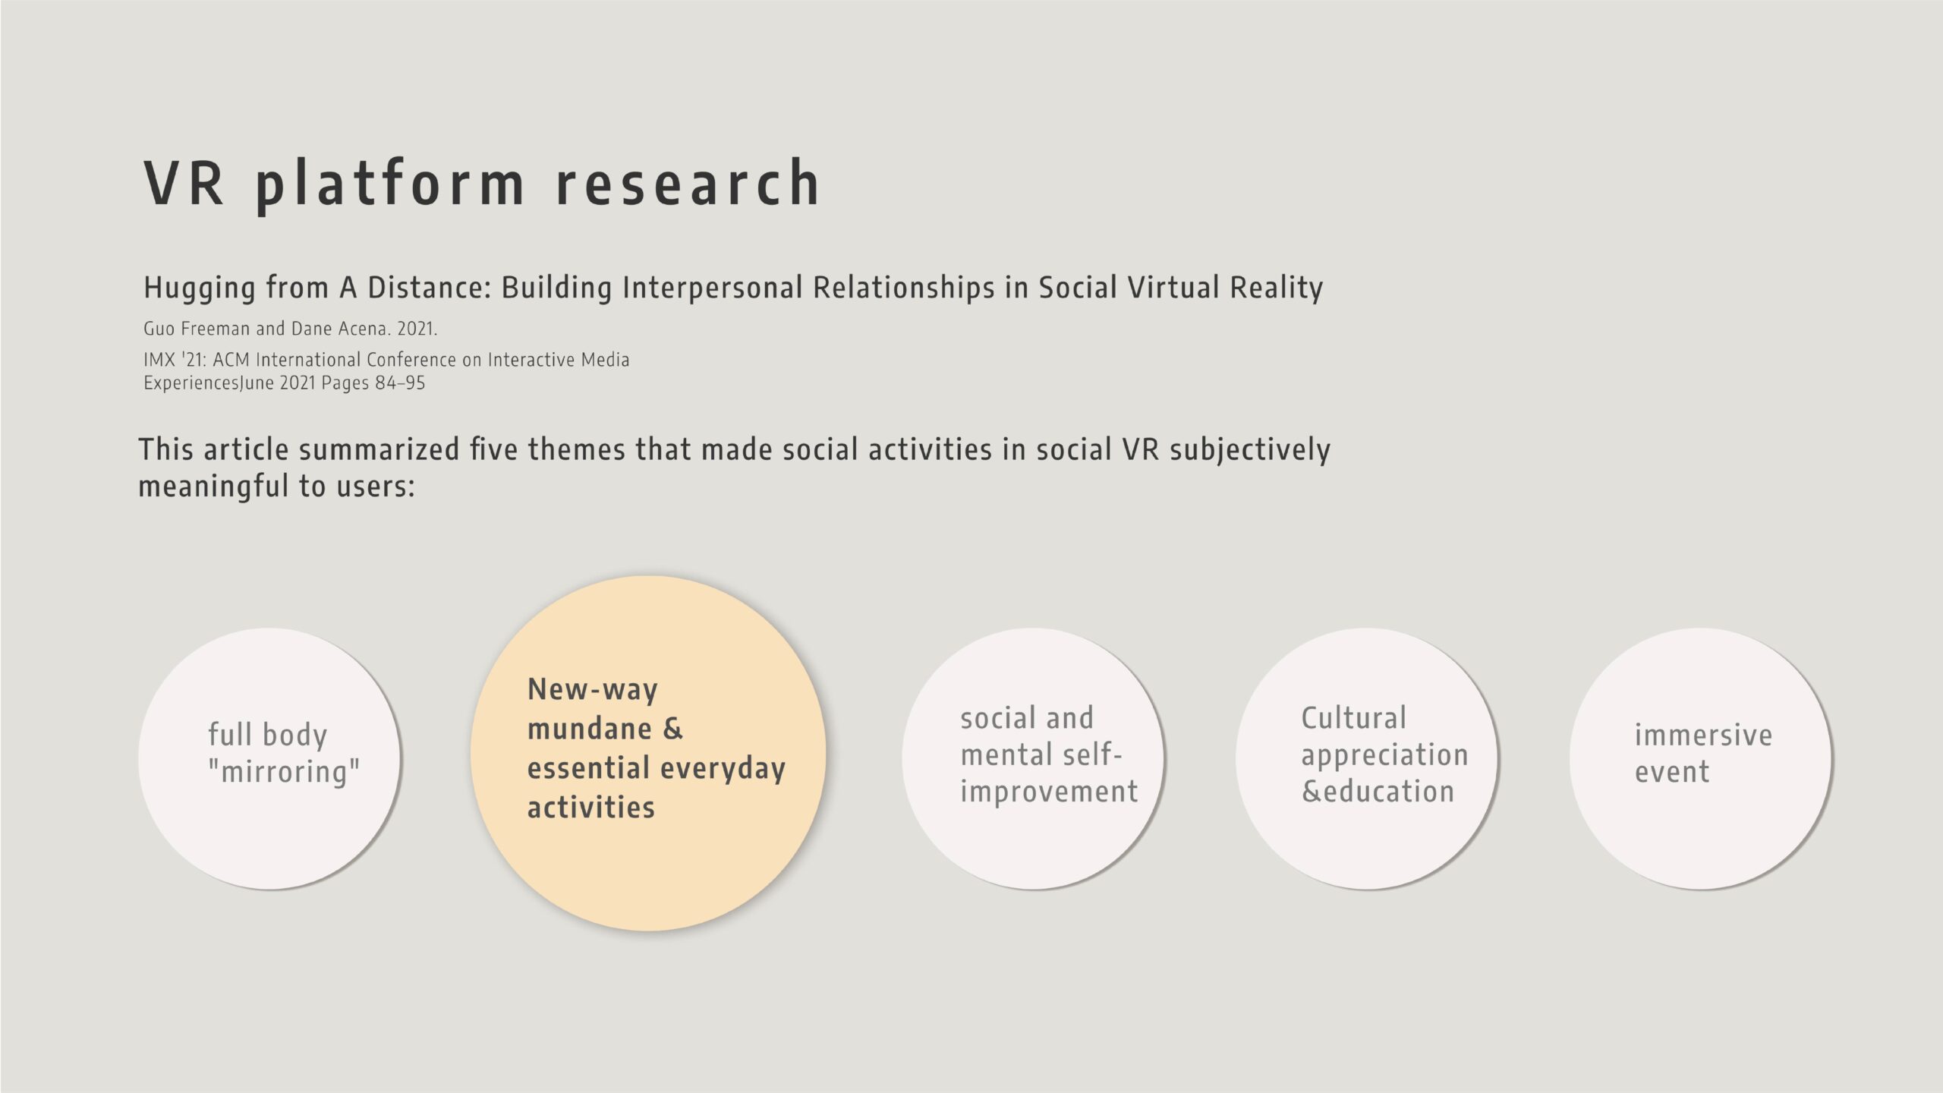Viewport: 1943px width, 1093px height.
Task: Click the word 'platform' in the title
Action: click(x=390, y=184)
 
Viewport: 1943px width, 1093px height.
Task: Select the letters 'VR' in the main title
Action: click(x=184, y=182)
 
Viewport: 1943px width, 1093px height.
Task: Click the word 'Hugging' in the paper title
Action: click(x=199, y=288)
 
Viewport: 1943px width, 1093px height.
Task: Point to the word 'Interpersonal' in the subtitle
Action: click(x=712, y=288)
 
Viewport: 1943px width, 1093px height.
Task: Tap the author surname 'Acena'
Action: click(x=364, y=329)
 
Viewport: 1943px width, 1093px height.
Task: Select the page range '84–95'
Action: click(x=400, y=383)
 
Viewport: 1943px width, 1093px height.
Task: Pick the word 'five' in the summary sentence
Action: click(x=495, y=449)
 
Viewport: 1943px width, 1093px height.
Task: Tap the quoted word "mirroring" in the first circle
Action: click(x=284, y=772)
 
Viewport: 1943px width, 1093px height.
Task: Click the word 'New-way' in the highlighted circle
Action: click(x=593, y=690)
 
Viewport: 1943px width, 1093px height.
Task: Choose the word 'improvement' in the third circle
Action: click(x=1049, y=792)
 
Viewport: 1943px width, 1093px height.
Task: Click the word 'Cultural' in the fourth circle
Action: click(x=1354, y=718)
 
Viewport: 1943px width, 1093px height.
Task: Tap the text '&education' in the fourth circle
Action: click(x=1378, y=792)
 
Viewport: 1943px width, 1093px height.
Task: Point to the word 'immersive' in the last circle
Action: click(x=1703, y=735)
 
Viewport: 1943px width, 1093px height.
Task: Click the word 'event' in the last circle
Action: click(x=1672, y=772)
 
